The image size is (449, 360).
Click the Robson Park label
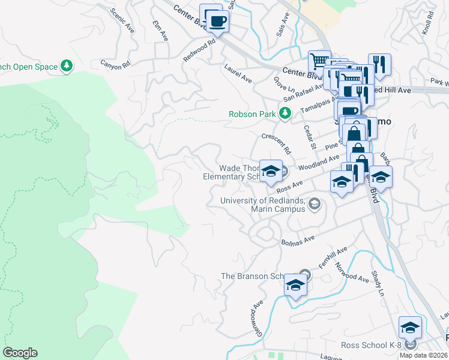(252, 113)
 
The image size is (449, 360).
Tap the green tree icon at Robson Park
(286, 113)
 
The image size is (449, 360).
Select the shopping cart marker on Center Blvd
(319, 61)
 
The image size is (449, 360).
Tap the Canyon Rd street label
(115, 62)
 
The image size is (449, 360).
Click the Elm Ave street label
(161, 31)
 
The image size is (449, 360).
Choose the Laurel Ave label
(238, 74)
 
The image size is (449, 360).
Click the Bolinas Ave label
(298, 240)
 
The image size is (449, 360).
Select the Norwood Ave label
(352, 273)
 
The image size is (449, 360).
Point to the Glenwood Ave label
(256, 318)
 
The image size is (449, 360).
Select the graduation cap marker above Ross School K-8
(410, 327)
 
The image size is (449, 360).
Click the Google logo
(20, 353)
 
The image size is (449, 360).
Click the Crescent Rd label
(277, 143)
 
